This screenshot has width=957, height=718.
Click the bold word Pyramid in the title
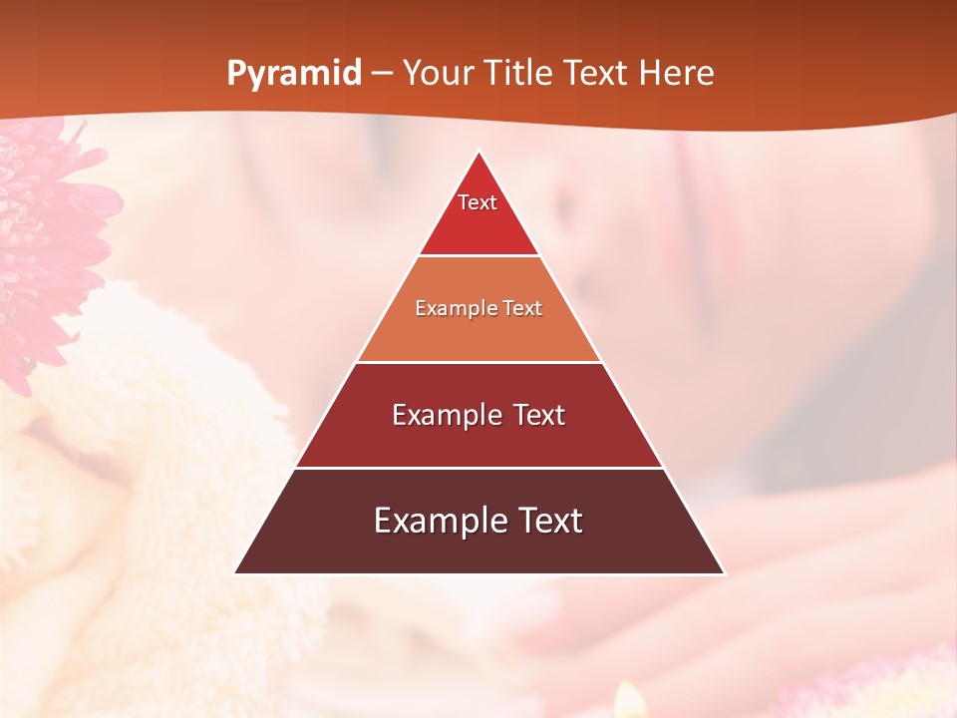(294, 74)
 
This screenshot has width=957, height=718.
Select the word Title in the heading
(522, 74)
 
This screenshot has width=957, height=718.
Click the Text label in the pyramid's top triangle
(478, 202)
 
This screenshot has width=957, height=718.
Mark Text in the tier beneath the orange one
(539, 415)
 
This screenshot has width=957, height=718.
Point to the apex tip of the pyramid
(479, 152)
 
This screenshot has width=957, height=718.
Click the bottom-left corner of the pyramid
(235, 573)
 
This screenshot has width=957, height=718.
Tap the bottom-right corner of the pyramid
(724, 573)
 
